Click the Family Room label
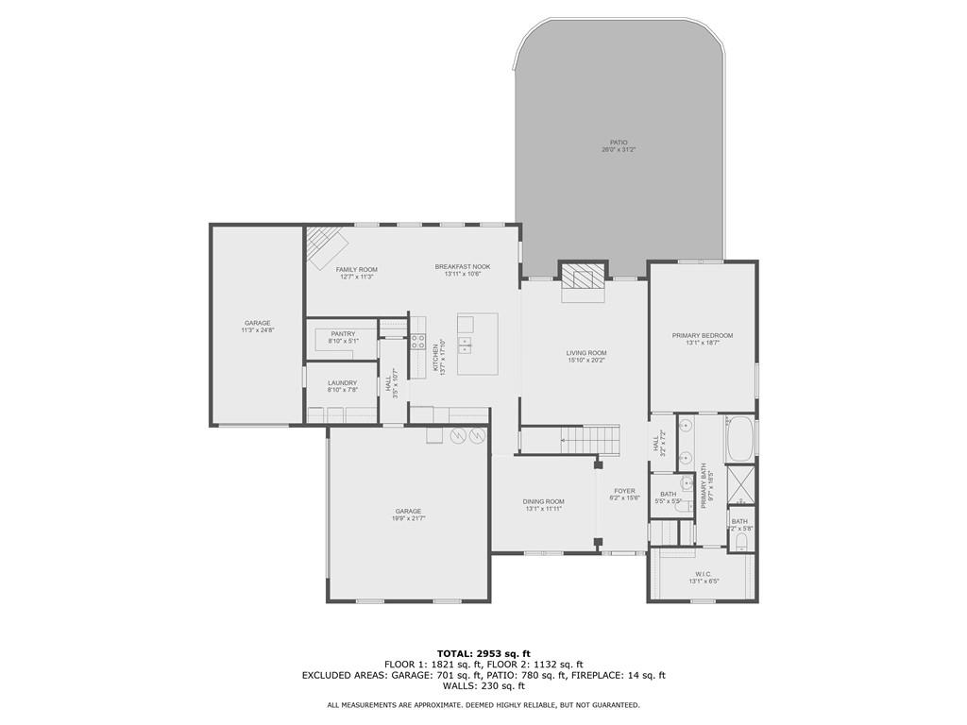[357, 269]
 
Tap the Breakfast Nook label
[463, 266]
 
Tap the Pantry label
[342, 333]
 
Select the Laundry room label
[342, 382]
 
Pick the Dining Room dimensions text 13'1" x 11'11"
[543, 509]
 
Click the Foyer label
[625, 491]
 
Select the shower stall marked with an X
[739, 486]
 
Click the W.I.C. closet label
[704, 574]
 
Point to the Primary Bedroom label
[703, 335]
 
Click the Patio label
[619, 143]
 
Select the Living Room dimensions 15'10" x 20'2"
[586, 360]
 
